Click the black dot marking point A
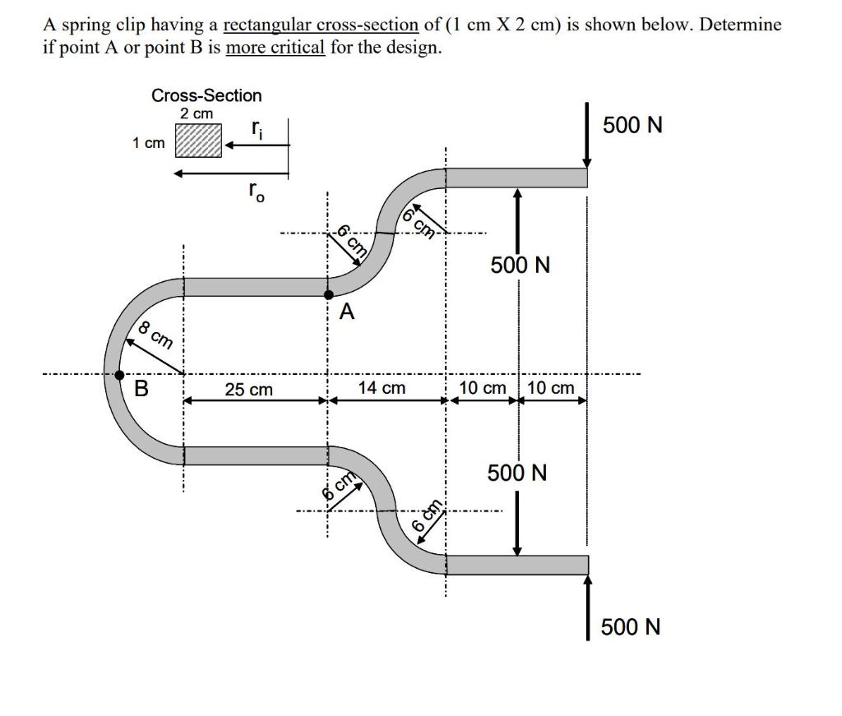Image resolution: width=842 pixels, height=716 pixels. point(329,294)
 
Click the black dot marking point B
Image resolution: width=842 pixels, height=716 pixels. point(119,376)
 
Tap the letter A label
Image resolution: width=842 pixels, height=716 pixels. point(347,312)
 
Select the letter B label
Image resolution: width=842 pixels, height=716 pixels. point(141,389)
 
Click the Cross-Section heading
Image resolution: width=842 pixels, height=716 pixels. point(206,95)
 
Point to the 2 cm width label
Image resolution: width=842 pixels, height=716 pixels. point(197,113)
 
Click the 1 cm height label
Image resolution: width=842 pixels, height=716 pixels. point(148,143)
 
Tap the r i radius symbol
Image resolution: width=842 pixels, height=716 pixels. point(257,128)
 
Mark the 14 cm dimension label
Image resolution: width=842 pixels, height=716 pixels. point(382,387)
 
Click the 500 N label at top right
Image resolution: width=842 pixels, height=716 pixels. point(632,126)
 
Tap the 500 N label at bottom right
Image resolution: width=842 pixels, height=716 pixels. point(630,627)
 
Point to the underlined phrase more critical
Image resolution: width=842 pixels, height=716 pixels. point(275,48)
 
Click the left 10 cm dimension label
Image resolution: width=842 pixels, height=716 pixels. point(483,388)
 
